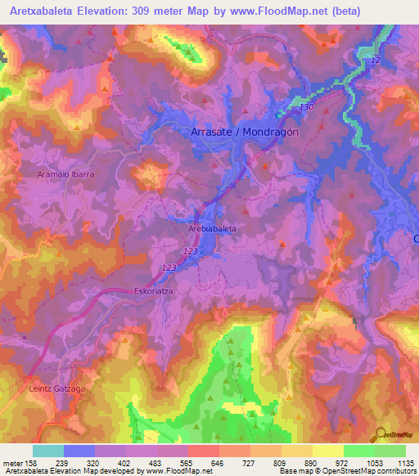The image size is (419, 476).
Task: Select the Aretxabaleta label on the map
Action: (212, 229)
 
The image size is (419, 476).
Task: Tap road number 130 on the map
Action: (307, 108)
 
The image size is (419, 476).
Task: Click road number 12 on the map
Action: (376, 61)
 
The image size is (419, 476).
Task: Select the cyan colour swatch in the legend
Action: (47, 451)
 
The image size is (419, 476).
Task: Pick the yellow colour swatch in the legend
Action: (327, 451)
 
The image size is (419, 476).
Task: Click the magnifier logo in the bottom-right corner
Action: (381, 433)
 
